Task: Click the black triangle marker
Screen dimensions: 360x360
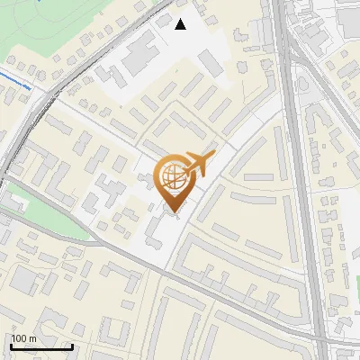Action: click(181, 24)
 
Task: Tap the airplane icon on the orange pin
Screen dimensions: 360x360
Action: click(201, 163)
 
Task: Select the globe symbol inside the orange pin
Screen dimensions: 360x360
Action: click(172, 176)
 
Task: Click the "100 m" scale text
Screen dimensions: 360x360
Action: click(24, 339)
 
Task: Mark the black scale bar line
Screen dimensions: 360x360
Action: click(41, 346)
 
